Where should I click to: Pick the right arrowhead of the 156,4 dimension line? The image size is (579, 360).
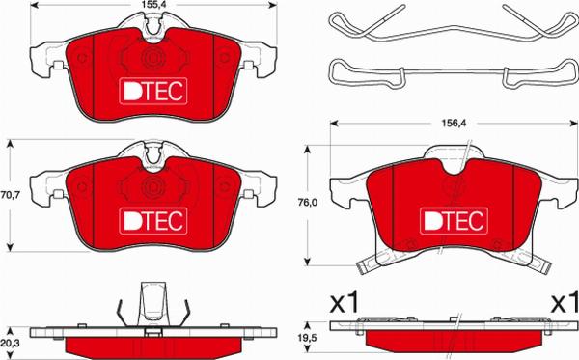[x=556, y=124]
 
